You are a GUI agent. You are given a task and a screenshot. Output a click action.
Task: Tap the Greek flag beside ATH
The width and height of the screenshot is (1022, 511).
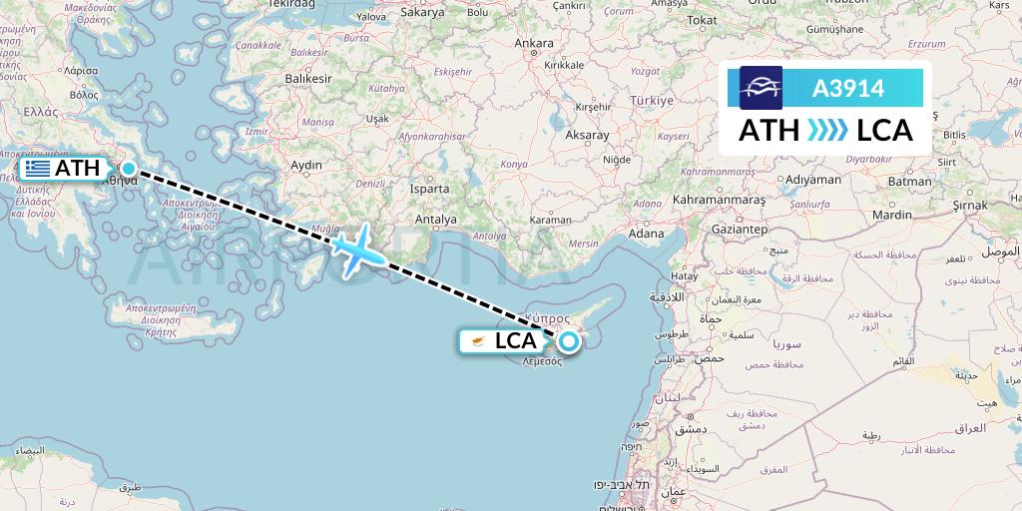point(38,169)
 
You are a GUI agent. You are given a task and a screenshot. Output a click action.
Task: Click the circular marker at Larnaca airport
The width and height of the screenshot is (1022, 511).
point(568,342)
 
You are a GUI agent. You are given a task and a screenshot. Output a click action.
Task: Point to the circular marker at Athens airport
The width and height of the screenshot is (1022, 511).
point(129,168)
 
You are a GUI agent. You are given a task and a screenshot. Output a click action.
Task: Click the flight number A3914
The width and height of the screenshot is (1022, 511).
point(848,88)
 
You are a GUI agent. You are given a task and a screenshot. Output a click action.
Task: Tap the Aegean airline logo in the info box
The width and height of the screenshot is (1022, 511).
point(761,88)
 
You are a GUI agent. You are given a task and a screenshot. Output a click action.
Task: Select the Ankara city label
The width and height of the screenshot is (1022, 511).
point(534,43)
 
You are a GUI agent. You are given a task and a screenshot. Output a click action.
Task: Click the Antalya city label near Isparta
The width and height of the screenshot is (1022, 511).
point(436,220)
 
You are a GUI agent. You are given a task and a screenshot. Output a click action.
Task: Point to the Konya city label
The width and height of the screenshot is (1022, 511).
point(513,164)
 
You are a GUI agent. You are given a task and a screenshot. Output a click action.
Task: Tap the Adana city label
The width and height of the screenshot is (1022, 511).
point(646,234)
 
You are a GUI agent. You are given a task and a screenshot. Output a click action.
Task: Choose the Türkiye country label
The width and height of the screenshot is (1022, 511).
point(650,102)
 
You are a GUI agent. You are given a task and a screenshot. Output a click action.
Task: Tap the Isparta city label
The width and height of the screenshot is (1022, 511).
point(430,188)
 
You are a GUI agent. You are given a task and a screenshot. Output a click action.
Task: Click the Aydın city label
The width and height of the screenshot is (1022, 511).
point(305,165)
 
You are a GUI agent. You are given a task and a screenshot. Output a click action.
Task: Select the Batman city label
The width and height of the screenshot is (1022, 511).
point(908,182)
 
